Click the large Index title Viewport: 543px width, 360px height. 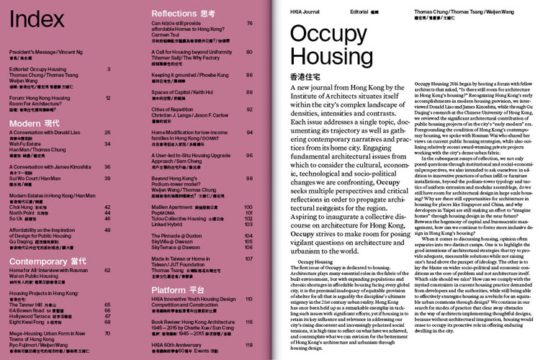point(37,19)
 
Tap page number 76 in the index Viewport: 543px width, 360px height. point(249,23)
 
